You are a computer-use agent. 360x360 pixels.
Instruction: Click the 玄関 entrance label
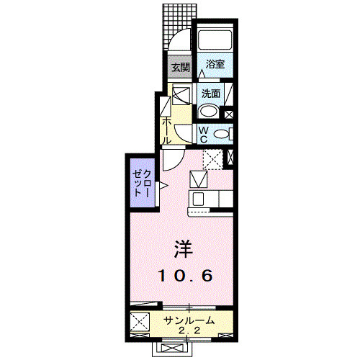coord(180,68)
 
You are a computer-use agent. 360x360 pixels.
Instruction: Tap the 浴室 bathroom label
coord(215,64)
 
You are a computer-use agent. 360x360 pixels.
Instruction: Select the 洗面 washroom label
coord(211,93)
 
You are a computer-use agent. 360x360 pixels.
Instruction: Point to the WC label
coord(203,134)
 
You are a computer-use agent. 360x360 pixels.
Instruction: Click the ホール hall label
coord(166,130)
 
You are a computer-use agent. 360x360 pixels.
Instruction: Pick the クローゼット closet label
coord(142,186)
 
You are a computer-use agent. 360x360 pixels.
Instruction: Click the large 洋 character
coord(182,248)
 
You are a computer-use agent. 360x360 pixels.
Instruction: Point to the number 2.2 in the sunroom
coord(189,330)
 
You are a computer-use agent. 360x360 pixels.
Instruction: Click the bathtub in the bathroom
coord(214,40)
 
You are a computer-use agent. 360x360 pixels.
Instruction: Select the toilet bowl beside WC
coord(223,134)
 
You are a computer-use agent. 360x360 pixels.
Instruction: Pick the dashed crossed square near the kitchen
coord(212,158)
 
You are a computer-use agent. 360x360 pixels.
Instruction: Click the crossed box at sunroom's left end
coord(140,322)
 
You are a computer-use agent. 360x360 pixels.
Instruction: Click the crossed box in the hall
coord(181,94)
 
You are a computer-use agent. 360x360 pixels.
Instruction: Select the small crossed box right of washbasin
coord(229,113)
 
